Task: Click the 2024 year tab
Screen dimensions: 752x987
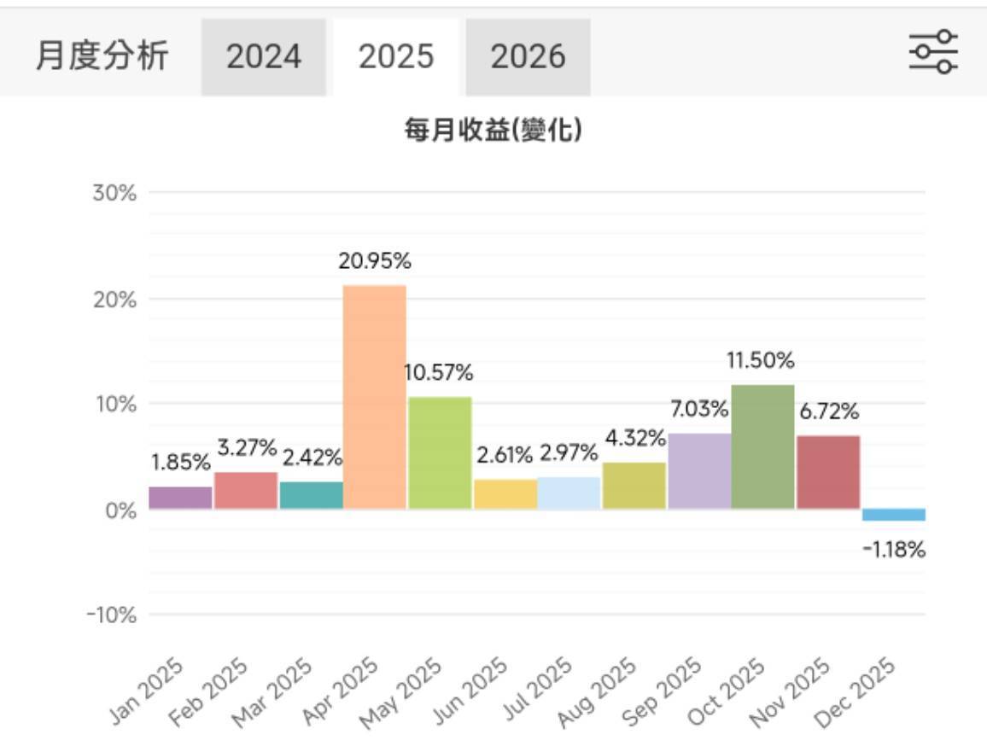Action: click(x=264, y=57)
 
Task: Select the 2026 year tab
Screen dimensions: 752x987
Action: click(x=528, y=57)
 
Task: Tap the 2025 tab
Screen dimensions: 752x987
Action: click(x=396, y=57)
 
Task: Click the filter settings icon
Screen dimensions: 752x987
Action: click(x=932, y=52)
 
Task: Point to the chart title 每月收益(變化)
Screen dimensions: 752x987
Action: click(x=493, y=131)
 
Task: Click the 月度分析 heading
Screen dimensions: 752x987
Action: click(x=102, y=56)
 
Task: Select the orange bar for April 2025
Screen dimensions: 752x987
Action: click(x=375, y=397)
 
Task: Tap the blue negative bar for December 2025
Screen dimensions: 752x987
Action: click(x=894, y=515)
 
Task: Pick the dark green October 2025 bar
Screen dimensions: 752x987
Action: click(x=763, y=447)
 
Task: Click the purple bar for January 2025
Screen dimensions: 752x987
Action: click(x=180, y=498)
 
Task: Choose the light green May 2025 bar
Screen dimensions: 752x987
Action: click(x=440, y=453)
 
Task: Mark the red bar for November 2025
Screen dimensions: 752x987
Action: click(x=828, y=472)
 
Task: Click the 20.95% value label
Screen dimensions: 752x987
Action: click(x=375, y=262)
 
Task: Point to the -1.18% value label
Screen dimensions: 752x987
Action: click(x=894, y=550)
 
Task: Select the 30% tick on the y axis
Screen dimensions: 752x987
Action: click(x=114, y=193)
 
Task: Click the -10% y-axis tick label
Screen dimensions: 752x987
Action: click(x=111, y=615)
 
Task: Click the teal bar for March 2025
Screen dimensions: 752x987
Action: click(x=311, y=495)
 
